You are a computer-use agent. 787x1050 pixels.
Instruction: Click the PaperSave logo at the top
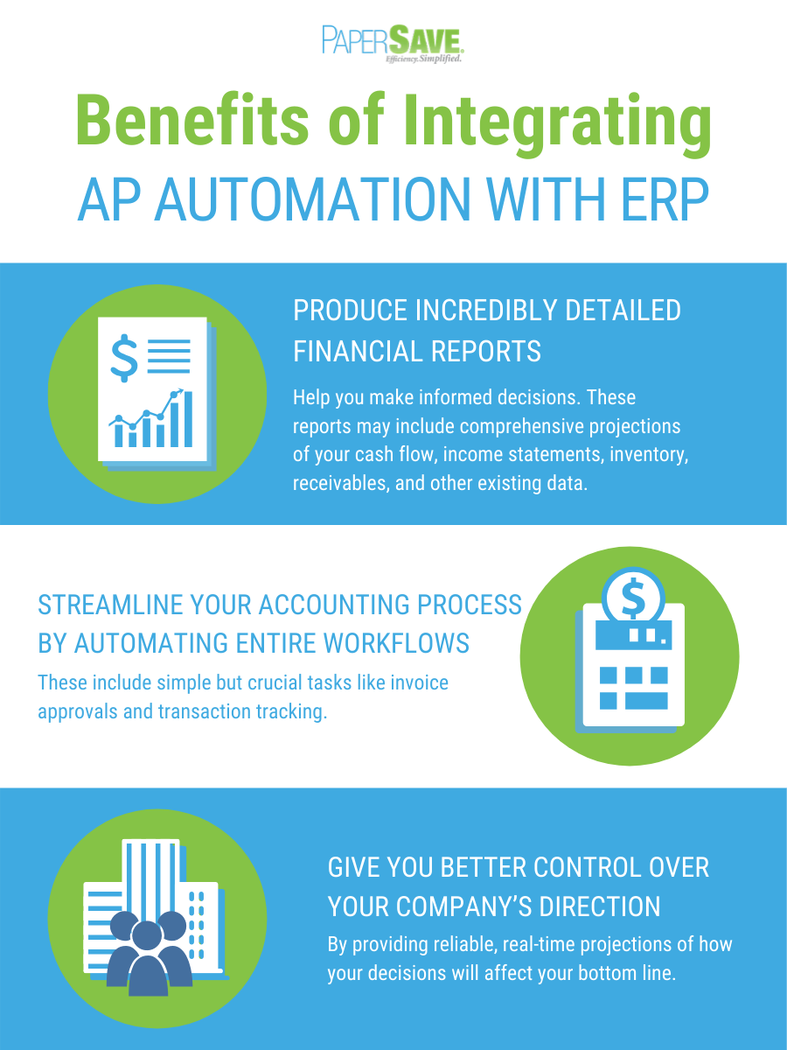[393, 44]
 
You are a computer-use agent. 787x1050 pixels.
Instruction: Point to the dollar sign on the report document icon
[124, 358]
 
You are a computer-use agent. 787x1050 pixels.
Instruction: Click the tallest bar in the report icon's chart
[188, 419]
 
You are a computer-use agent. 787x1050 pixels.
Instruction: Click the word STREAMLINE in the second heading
[111, 605]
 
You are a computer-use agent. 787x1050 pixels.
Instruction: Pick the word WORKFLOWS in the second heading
[396, 643]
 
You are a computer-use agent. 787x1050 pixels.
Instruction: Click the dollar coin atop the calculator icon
[633, 598]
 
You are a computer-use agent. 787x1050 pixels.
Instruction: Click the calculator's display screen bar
[634, 634]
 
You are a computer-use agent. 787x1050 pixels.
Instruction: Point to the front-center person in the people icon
[148, 965]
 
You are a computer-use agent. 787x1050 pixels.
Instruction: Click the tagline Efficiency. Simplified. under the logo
[423, 59]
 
